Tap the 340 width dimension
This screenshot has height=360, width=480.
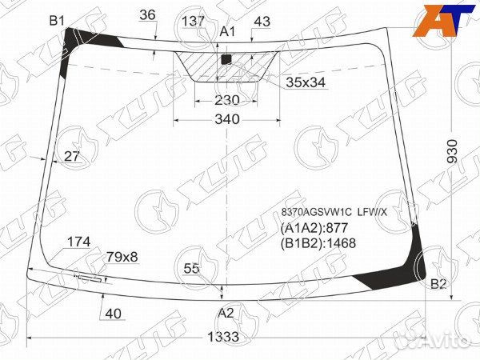coord(227,119)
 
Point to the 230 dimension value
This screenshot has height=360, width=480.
coord(227,100)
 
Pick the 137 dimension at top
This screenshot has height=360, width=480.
coord(193,21)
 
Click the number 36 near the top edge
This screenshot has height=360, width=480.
coord(147,14)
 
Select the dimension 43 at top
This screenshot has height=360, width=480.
coord(261,21)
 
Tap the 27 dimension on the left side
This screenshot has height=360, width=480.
coord(72,156)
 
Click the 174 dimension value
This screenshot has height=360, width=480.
coord(78,242)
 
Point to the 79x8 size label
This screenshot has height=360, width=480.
coord(122,257)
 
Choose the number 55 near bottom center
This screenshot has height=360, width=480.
coord(191,268)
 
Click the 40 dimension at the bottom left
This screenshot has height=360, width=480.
coord(113,313)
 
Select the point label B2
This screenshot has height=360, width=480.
coord(438,284)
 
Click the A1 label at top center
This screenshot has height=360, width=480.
coord(228,31)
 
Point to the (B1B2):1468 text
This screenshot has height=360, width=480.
coord(318,243)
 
